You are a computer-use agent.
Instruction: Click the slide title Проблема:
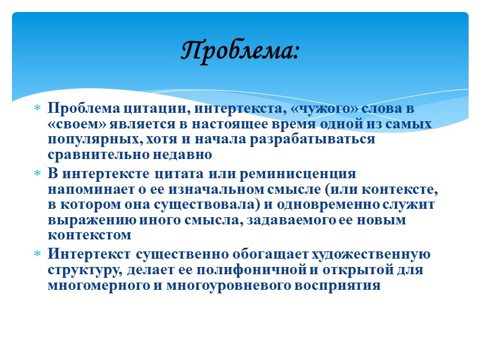coord(240,50)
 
